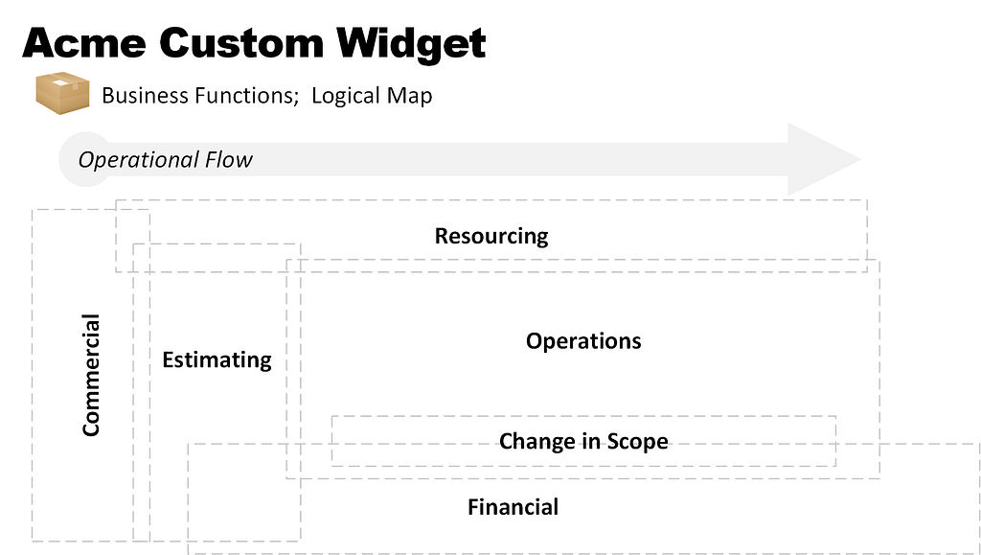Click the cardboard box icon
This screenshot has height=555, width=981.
(62, 93)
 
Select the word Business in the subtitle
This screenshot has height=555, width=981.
(145, 96)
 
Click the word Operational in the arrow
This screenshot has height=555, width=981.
(130, 160)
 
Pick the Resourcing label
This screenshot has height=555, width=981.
(491, 237)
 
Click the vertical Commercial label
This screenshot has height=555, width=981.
(91, 375)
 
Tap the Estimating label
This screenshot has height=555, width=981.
(217, 360)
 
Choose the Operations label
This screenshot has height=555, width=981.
(583, 341)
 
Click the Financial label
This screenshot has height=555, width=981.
(513, 507)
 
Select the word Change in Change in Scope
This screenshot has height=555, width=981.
(536, 442)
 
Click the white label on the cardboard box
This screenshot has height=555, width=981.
(60, 82)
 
